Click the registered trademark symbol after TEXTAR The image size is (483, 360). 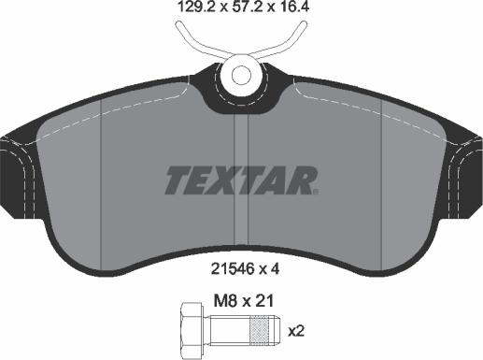(316, 191)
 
